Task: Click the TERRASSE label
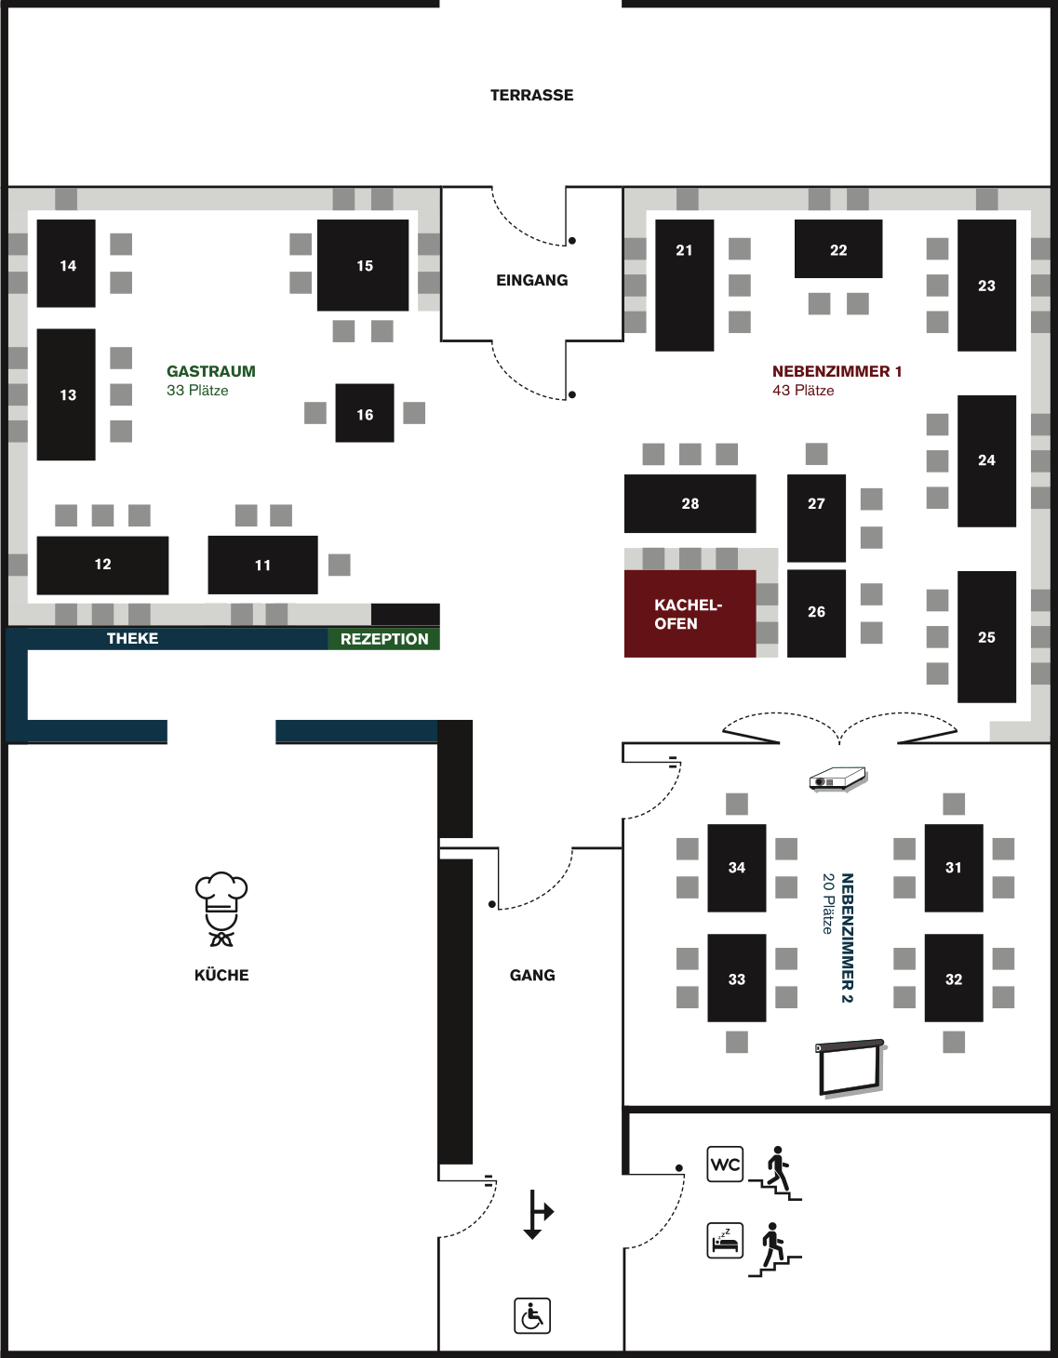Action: click(x=531, y=95)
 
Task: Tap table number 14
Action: click(x=66, y=264)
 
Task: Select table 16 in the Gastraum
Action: click(x=365, y=413)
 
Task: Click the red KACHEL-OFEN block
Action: click(x=690, y=614)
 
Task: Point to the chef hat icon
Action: click(x=221, y=908)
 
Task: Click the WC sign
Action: click(x=725, y=1164)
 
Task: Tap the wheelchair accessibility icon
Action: click(x=532, y=1316)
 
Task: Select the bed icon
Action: click(x=725, y=1241)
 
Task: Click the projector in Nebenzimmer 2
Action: click(x=837, y=779)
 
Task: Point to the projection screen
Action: click(x=850, y=1068)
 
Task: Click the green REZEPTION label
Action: click(x=383, y=639)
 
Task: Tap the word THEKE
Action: click(x=132, y=638)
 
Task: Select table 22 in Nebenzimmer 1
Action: click(x=838, y=249)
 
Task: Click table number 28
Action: click(x=690, y=503)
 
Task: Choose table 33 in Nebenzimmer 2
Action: click(x=737, y=979)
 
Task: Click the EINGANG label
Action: click(x=531, y=280)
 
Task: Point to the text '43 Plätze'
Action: click(x=803, y=391)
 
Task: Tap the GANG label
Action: click(x=532, y=975)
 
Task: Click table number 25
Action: click(x=986, y=637)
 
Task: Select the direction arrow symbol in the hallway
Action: click(x=535, y=1214)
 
